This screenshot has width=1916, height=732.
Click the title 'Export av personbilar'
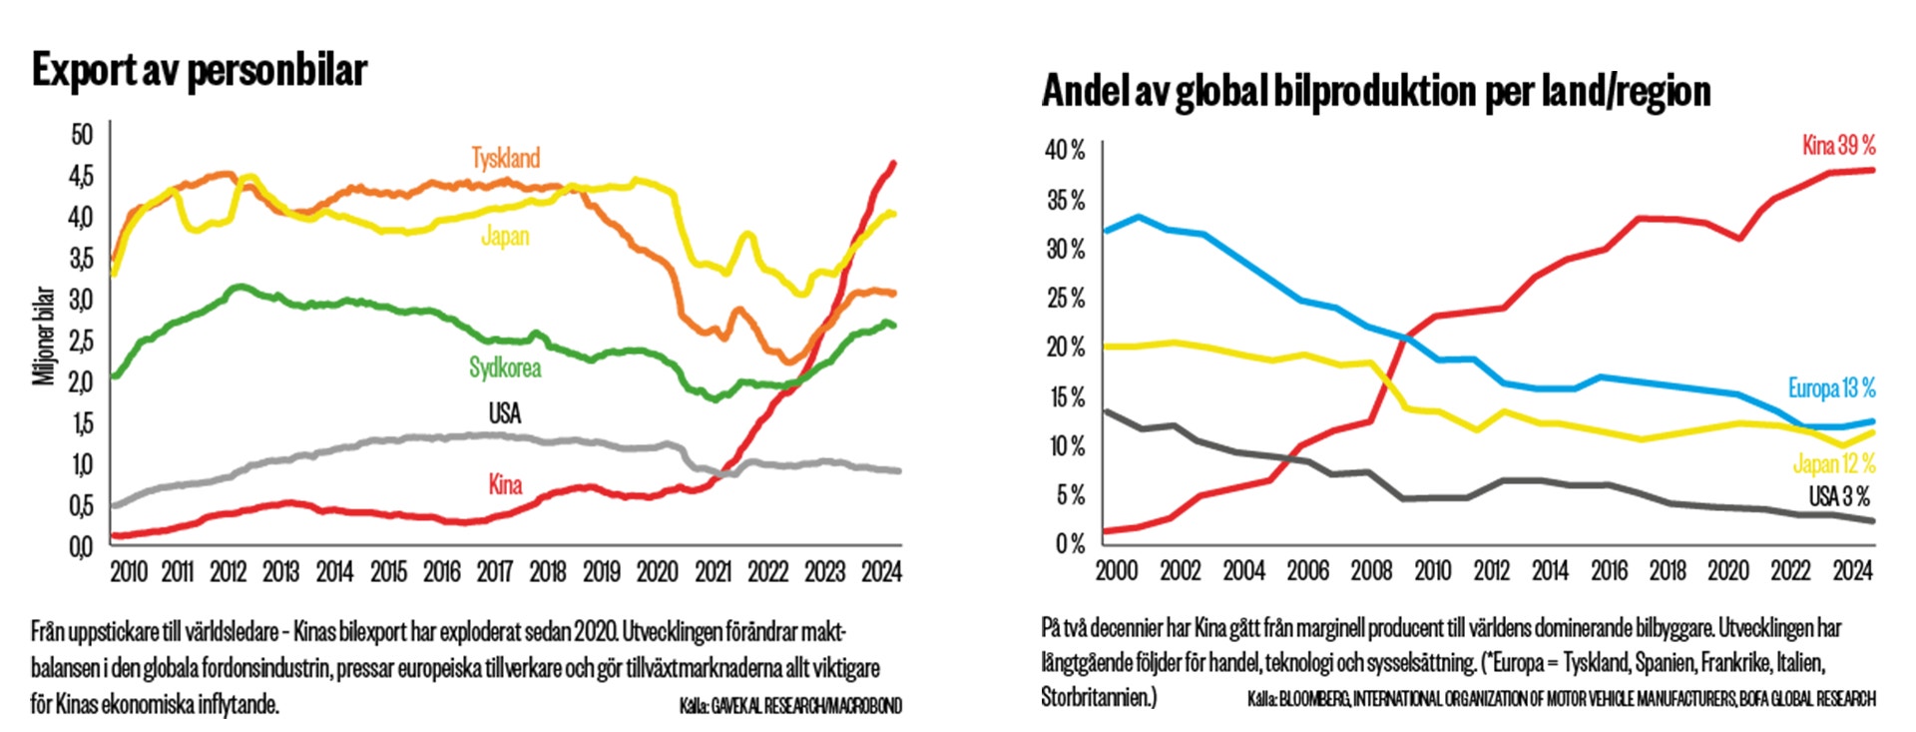(200, 70)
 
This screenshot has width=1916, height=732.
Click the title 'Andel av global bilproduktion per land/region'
(1376, 91)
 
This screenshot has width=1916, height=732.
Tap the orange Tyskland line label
(506, 158)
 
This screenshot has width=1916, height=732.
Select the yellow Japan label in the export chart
(505, 237)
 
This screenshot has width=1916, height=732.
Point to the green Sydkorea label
(505, 367)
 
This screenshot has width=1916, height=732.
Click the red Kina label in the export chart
(505, 484)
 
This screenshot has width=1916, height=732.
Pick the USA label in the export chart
(505, 413)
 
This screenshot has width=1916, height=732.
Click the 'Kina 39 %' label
(1838, 146)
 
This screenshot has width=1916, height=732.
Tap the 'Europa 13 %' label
(1831, 388)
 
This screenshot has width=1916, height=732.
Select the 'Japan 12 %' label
(1834, 464)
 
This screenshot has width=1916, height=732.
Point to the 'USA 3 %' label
(1839, 496)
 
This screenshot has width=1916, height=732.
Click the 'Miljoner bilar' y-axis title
(44, 336)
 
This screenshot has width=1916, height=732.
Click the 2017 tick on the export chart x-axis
(495, 572)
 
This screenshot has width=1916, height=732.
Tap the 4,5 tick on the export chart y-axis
(81, 176)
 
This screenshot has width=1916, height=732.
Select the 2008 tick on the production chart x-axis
(1371, 570)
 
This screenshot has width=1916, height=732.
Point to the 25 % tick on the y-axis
(1065, 298)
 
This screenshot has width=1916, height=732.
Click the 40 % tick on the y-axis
(1065, 151)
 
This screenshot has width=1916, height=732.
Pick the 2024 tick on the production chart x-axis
(1852, 570)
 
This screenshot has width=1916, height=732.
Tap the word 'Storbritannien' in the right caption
(1095, 697)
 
